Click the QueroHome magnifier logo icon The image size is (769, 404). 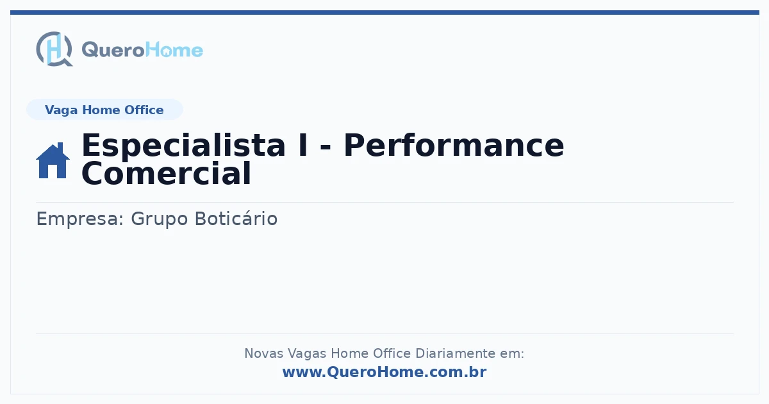point(54,49)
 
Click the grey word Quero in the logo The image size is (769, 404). point(113,51)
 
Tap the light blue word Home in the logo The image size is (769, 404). point(174,50)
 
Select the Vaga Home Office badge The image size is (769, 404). point(104,110)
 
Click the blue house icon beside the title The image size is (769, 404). point(53,160)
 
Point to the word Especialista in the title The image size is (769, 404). point(183,146)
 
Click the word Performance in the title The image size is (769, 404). point(454,146)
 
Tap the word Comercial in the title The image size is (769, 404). point(167,174)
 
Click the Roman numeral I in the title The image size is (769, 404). point(303,146)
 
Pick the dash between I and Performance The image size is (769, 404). point(326,147)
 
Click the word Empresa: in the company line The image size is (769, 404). point(79,219)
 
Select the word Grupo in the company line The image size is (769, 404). point(160,219)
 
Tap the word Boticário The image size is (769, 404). point(236,219)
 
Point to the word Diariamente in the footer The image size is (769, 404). point(455,353)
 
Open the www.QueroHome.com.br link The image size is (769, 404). point(384,372)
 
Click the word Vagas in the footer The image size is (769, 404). point(307,354)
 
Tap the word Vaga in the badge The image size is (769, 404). point(61,110)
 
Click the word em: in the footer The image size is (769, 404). point(512,354)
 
